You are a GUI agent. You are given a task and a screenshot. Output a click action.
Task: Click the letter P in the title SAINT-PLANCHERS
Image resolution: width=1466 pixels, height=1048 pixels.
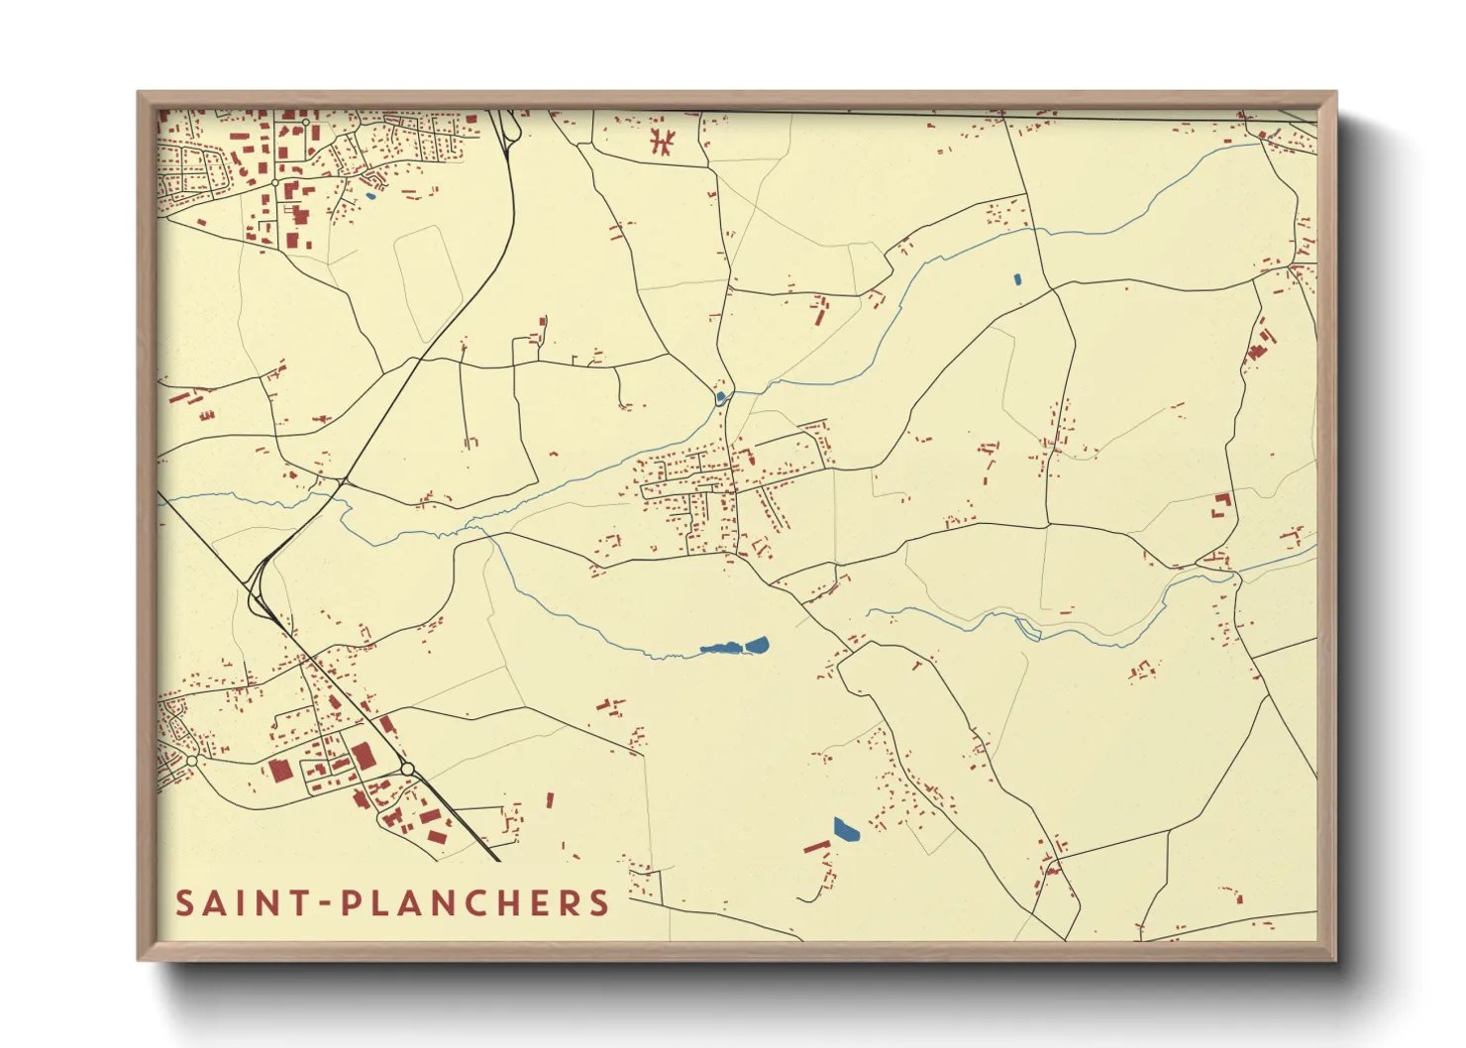pos(352,903)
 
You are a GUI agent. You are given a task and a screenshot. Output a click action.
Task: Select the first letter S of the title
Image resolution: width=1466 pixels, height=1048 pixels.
pos(185,903)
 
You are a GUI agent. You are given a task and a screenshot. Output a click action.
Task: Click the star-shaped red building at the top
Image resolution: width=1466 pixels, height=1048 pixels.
pos(662,141)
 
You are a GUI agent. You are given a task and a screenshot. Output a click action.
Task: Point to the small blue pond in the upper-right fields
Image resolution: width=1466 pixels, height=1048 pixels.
pos(1017,279)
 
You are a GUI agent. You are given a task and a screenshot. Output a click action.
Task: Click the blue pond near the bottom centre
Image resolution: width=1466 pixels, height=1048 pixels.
pos(845,829)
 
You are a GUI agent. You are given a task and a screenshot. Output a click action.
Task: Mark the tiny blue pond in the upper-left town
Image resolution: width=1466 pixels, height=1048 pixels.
pos(370,195)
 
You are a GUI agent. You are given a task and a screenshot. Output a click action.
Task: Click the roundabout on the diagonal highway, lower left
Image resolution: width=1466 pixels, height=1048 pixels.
pos(407,769)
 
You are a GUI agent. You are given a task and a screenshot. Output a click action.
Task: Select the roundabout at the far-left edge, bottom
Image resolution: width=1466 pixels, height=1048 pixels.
pos(191,760)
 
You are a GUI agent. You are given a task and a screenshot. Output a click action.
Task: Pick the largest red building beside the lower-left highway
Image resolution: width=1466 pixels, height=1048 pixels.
pos(363,757)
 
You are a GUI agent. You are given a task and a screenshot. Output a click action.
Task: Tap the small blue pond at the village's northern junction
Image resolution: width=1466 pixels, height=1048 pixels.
pos(720,398)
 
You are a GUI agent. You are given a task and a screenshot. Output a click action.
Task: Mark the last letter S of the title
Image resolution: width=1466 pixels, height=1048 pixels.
pos(598,903)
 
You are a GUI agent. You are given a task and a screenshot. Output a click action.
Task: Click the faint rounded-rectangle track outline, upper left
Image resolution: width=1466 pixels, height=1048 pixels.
pos(429,281)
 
